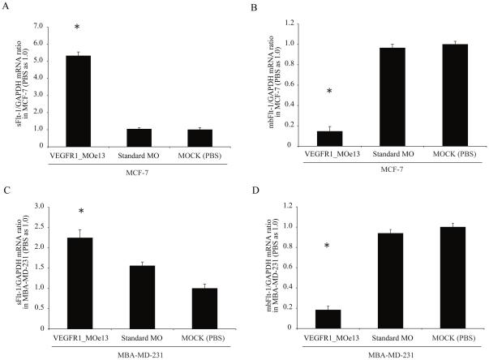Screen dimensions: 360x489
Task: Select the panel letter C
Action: point(6,191)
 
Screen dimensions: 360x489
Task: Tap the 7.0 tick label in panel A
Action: point(39,26)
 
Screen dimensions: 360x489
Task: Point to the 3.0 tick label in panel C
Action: point(39,208)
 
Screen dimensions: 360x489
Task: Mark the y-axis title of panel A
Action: point(18,85)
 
